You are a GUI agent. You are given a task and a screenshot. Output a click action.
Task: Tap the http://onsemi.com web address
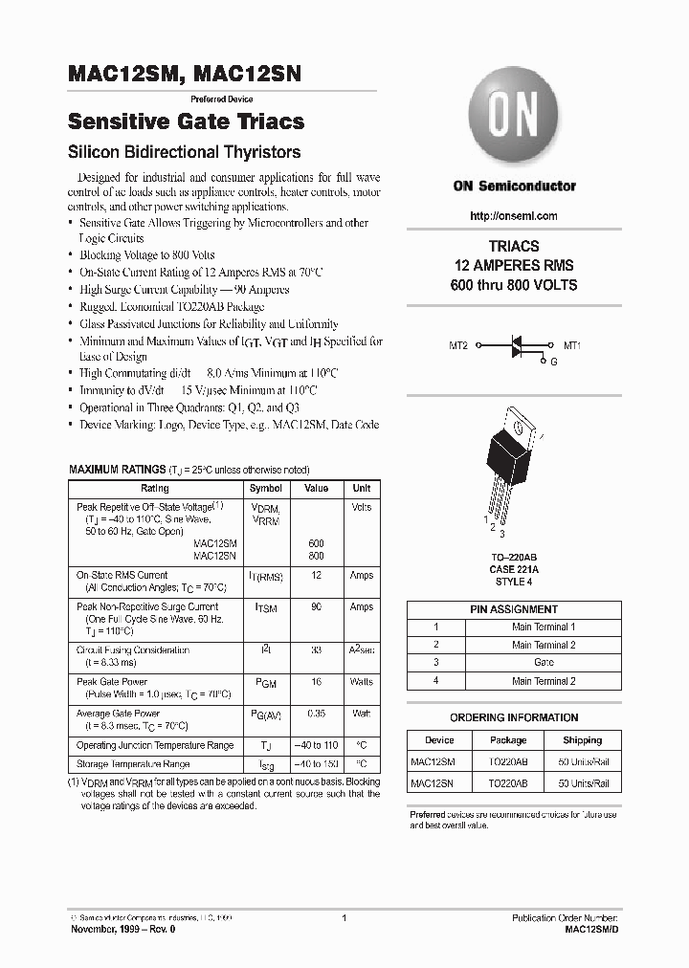[514, 216]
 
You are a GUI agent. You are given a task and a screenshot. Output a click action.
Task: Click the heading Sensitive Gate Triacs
[186, 121]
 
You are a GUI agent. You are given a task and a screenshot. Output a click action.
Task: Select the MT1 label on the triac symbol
[572, 345]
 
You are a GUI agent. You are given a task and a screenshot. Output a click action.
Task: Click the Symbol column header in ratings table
[265, 488]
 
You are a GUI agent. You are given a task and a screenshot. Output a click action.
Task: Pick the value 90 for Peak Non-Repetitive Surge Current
[316, 607]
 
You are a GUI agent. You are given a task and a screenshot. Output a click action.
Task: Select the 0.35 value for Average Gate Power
[316, 714]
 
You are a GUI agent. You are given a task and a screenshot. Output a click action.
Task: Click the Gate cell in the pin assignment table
[544, 662]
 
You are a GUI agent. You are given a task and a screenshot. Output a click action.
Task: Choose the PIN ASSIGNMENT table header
[514, 609]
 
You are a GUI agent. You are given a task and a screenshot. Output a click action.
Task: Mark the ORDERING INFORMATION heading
[514, 717]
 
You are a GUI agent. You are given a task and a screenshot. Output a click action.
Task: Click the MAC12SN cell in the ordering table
[433, 782]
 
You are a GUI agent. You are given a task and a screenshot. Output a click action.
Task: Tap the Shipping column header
[582, 740]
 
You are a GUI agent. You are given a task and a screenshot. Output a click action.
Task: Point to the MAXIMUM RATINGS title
[117, 470]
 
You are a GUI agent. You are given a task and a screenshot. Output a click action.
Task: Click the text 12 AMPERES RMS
[514, 265]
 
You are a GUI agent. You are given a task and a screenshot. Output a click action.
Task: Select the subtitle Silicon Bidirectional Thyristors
[184, 152]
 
